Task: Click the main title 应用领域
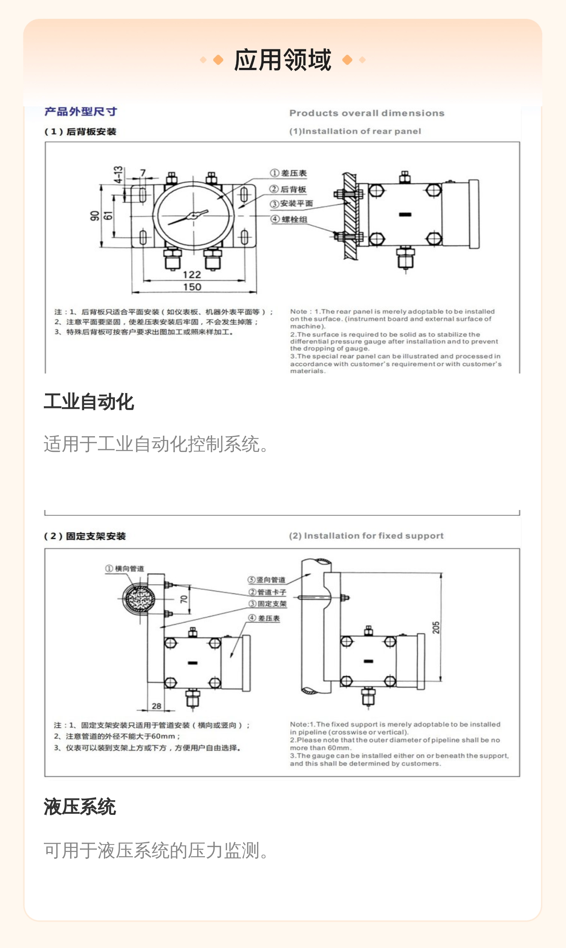[283, 60]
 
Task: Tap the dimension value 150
[192, 287]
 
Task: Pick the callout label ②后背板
[288, 189]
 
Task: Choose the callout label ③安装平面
[291, 204]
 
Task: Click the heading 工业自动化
[89, 402]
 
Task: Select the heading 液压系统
[80, 807]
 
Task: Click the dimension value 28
[157, 706]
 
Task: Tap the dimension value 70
[184, 599]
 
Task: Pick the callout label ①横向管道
[125, 568]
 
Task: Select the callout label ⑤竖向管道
[266, 580]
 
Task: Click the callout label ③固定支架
[268, 604]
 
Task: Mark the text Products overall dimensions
[367, 113]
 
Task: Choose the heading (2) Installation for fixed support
[366, 536]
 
